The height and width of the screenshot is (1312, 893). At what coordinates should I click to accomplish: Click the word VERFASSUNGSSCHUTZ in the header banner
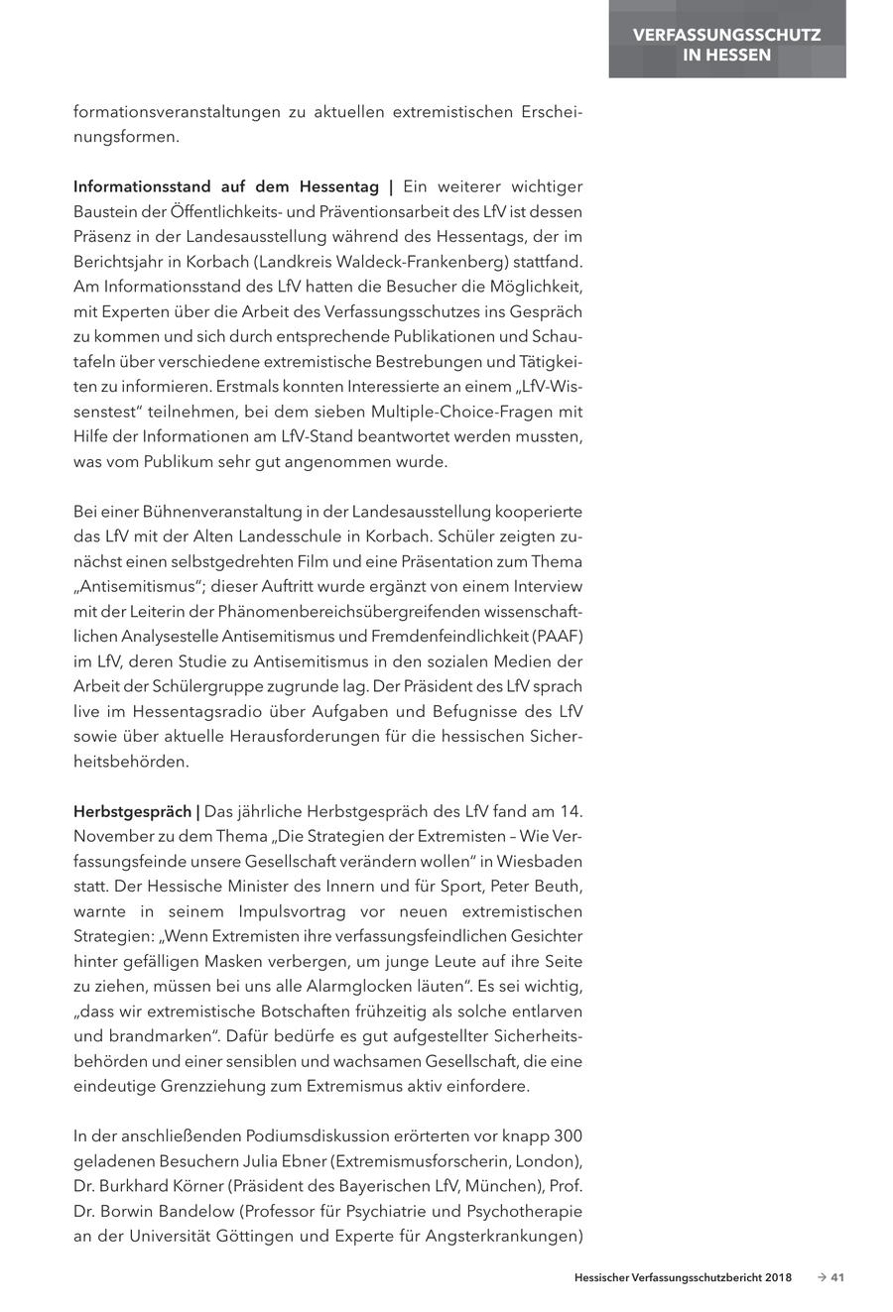pyautogui.click(x=727, y=35)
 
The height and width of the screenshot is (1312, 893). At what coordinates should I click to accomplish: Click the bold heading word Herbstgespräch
pyautogui.click(x=132, y=811)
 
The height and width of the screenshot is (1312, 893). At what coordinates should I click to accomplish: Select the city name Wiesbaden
pyautogui.click(x=541, y=861)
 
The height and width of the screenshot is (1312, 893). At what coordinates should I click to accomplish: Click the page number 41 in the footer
pyautogui.click(x=836, y=1278)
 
